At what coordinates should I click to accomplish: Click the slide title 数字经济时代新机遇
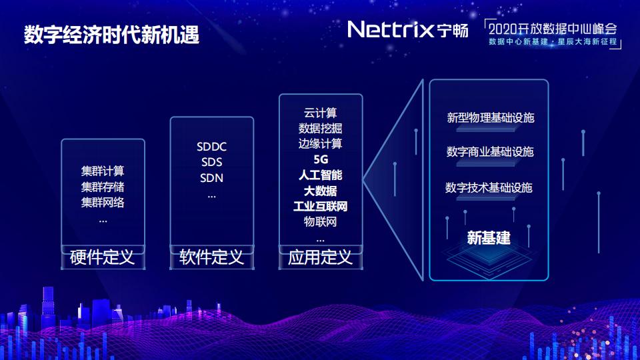click(112, 35)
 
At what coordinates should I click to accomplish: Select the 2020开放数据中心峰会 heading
click(553, 29)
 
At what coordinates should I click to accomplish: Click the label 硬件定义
click(103, 257)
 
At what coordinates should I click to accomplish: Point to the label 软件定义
click(211, 257)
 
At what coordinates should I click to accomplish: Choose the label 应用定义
click(320, 257)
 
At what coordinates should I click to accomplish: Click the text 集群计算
click(103, 171)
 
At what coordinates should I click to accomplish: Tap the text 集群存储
click(103, 187)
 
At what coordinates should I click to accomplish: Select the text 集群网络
click(103, 202)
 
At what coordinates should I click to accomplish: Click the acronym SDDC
click(211, 147)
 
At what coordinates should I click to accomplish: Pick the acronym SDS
click(211, 163)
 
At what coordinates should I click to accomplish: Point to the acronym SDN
click(211, 178)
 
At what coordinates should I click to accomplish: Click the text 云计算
click(320, 113)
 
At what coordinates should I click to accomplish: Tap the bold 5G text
click(320, 160)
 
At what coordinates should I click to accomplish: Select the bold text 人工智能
click(320, 175)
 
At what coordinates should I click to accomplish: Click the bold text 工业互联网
click(320, 206)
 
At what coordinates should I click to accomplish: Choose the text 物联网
click(320, 221)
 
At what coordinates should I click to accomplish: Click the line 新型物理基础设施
click(490, 119)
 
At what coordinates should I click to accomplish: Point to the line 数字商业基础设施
click(490, 152)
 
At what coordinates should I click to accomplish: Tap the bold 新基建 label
click(489, 238)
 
